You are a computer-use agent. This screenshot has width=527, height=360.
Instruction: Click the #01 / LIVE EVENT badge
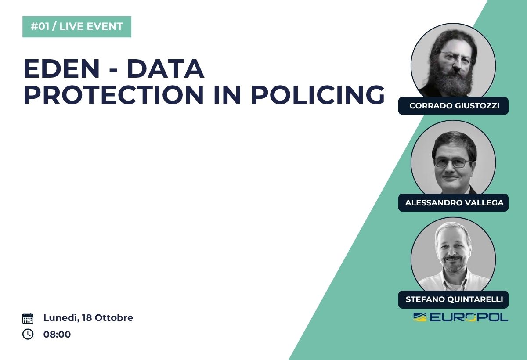pos(77,27)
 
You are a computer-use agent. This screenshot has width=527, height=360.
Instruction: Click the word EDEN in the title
pos(61,68)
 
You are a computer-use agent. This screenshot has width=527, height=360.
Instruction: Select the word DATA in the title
pos(166,68)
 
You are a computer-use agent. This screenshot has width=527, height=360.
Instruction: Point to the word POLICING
pos(318,94)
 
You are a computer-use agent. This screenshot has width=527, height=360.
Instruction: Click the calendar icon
pos(28,318)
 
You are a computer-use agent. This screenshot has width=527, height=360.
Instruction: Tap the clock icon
pos(28,334)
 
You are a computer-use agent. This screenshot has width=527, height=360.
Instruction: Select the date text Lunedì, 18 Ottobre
pos(88,318)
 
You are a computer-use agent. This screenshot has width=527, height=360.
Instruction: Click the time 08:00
pos(57,335)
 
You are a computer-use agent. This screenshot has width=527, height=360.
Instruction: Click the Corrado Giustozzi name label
pos(453,106)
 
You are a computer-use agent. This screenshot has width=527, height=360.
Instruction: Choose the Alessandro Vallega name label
pos(453,203)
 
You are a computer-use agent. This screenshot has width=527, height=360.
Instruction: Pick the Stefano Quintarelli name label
pos(453,299)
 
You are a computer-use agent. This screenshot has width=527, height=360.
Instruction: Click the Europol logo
pos(461,317)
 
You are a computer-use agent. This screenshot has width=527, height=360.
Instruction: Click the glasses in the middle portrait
pos(452,162)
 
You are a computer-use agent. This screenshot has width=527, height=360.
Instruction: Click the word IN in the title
pos(227,94)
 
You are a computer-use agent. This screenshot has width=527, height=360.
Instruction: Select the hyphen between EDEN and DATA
pos(113,71)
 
